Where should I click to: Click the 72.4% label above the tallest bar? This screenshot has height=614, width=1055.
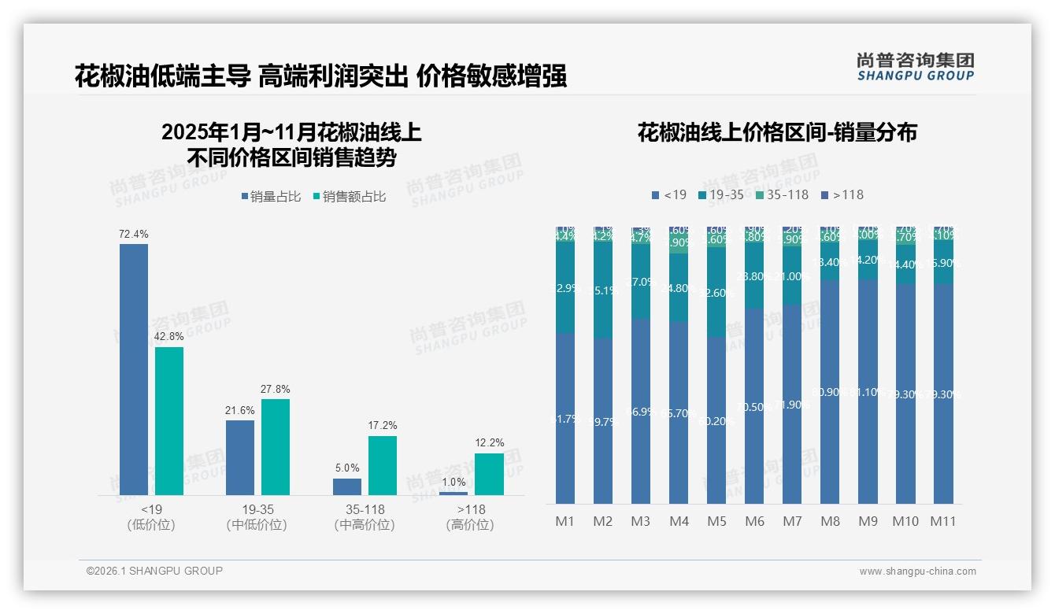coord(134,234)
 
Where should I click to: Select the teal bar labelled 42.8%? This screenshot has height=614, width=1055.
coord(169,420)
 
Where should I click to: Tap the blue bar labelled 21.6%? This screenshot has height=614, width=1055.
coord(240,457)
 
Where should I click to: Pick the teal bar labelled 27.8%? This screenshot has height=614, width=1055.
coord(276,446)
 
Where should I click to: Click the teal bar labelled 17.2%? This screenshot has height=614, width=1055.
coord(383,464)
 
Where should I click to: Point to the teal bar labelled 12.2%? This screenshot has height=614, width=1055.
coord(489,474)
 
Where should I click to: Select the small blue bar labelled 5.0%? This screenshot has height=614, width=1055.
coord(347,486)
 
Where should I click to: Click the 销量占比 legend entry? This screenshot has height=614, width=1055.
coord(271,197)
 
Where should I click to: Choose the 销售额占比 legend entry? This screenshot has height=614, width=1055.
coord(350,197)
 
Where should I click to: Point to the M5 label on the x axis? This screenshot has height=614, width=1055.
coord(716,521)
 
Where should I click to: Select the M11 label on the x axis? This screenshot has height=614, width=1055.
coord(942,521)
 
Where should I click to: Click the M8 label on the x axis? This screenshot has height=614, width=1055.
coord(830,521)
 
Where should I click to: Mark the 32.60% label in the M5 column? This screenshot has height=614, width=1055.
coord(716,293)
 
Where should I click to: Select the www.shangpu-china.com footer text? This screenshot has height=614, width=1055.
coord(917,571)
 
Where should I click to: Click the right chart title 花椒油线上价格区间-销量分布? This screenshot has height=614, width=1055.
coord(777,132)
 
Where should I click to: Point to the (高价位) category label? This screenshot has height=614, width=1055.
coord(470,525)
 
